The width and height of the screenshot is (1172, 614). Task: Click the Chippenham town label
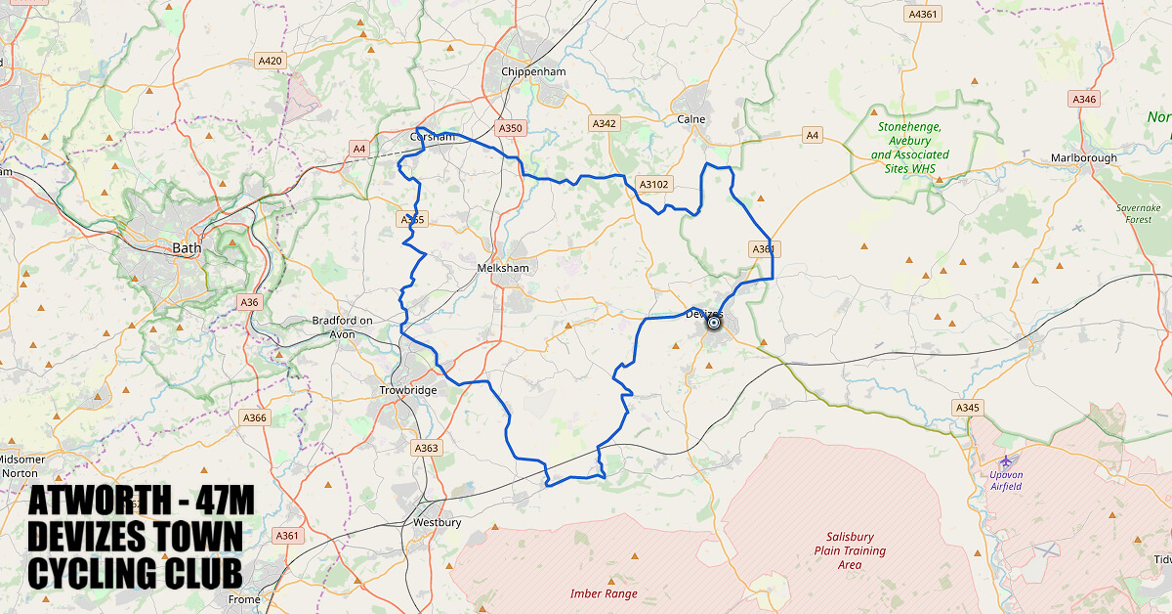(533, 72)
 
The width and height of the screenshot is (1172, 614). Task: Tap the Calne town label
(691, 119)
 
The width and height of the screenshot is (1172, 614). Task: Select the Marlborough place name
(1083, 158)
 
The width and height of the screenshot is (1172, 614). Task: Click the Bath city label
(187, 248)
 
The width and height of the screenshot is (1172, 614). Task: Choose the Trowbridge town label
(408, 391)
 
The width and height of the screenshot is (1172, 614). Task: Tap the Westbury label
(438, 523)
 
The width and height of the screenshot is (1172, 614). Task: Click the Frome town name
(244, 599)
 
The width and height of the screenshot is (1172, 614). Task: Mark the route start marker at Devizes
(714, 323)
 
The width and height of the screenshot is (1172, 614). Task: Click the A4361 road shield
(922, 15)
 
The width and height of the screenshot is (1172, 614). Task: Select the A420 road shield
(271, 61)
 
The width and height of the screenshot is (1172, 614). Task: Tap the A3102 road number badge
(653, 184)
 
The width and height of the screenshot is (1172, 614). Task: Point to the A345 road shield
(967, 407)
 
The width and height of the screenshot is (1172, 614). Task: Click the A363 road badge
(427, 448)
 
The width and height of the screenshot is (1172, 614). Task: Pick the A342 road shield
(605, 124)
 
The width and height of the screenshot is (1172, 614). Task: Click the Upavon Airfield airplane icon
(1006, 460)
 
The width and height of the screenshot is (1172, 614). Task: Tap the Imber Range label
(604, 593)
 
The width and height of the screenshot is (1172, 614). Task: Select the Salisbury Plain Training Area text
(850, 550)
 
